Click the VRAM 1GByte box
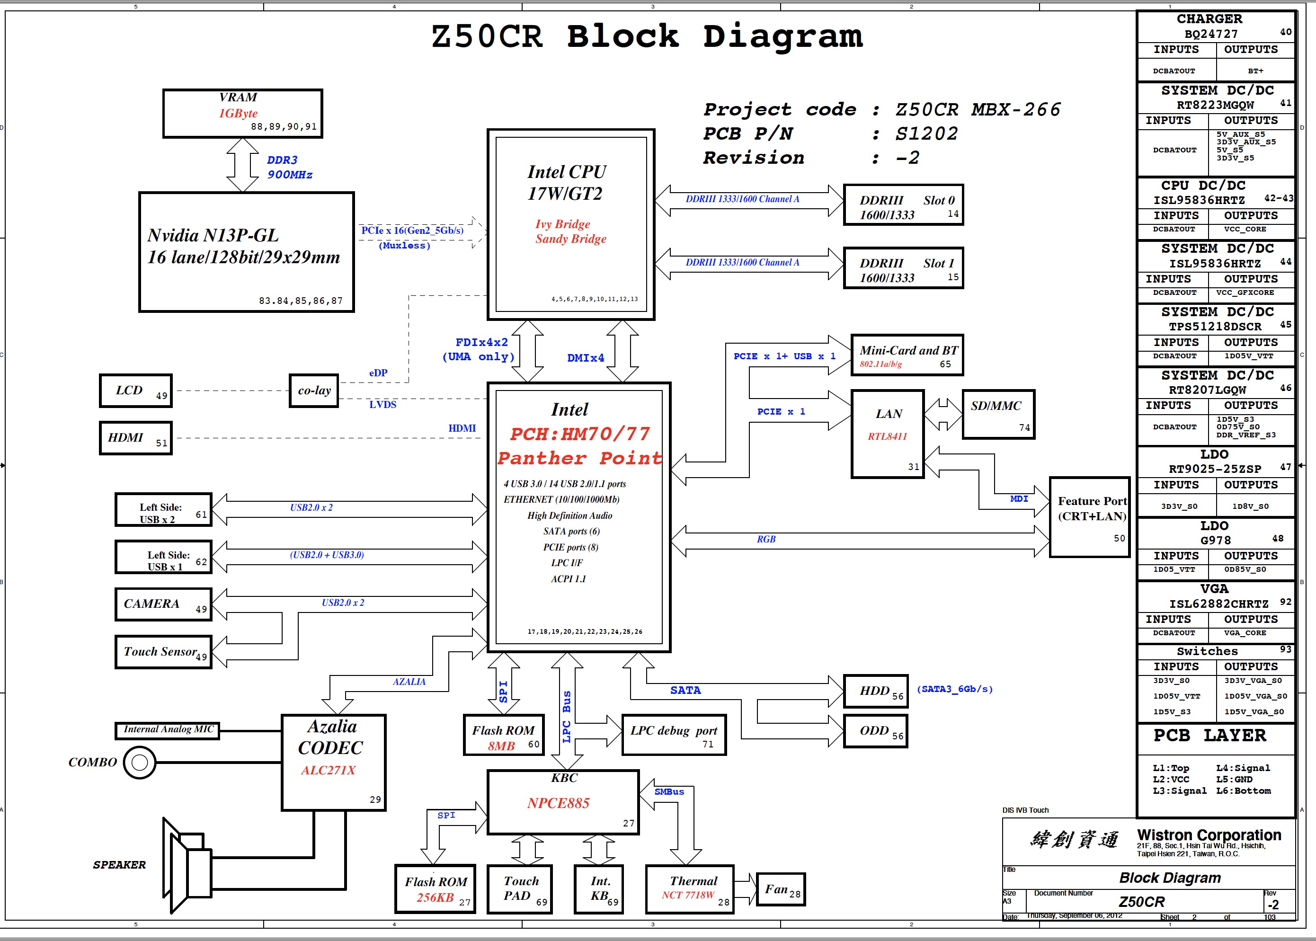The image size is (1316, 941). click(242, 113)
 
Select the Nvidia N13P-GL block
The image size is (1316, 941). click(246, 252)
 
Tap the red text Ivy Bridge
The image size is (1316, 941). click(562, 224)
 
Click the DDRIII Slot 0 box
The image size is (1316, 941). click(903, 205)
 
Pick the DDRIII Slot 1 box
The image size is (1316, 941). click(903, 268)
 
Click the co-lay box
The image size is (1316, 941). click(313, 391)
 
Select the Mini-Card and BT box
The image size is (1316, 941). click(907, 355)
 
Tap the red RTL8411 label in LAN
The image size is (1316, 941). click(887, 436)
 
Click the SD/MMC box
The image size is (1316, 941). click(998, 414)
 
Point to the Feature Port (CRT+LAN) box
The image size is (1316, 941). click(1089, 517)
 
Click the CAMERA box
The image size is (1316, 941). click(163, 604)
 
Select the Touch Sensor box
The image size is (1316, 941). click(163, 652)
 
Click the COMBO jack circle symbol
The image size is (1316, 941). click(140, 763)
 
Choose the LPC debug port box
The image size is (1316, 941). click(673, 735)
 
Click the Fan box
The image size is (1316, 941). click(781, 889)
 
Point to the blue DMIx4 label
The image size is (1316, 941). click(585, 358)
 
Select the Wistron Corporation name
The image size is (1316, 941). click(1209, 835)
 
